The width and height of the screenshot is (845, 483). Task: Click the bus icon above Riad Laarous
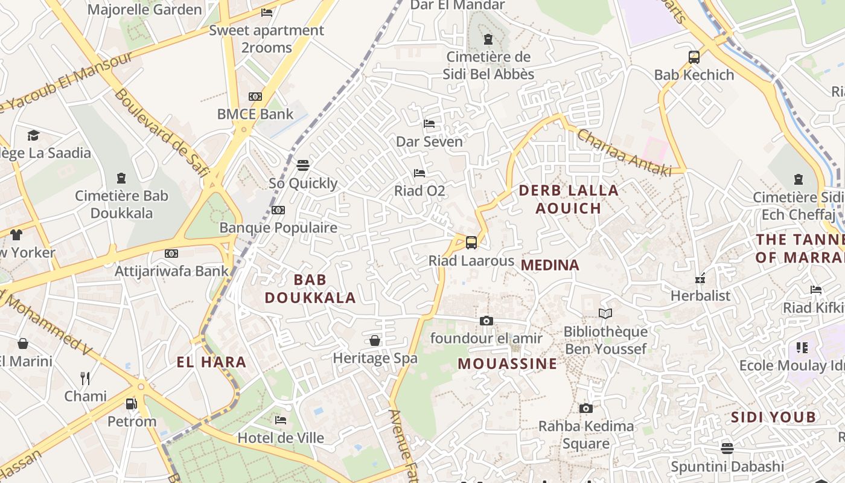pos(471,243)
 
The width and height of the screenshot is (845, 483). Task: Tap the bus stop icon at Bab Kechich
pos(694,57)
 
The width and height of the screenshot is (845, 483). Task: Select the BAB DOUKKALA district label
pos(310,289)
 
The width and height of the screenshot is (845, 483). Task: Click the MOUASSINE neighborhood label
pos(507,363)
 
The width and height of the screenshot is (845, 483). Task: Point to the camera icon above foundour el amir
pos(486,321)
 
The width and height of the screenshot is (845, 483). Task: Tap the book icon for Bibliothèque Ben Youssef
pos(605,313)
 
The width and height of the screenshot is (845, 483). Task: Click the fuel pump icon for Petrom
pos(131,403)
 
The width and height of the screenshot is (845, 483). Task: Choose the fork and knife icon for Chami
pos(85,379)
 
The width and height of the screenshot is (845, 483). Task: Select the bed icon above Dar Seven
pos(429,124)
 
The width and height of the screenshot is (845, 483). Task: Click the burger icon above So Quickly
pos(303,165)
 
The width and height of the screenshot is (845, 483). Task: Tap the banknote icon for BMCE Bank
pos(255,97)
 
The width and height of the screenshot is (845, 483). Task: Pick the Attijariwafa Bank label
pos(172,271)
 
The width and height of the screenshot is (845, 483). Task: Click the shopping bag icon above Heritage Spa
pos(375,341)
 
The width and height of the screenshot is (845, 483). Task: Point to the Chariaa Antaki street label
pos(624,153)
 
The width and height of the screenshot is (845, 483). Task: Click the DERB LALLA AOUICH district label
pos(569,199)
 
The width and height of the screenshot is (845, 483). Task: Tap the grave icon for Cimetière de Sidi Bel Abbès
pos(488,40)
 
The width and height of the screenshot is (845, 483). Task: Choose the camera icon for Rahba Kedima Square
pos(585,409)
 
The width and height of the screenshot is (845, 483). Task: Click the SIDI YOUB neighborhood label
pos(773,417)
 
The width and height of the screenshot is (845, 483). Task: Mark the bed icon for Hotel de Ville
pos(281,420)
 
